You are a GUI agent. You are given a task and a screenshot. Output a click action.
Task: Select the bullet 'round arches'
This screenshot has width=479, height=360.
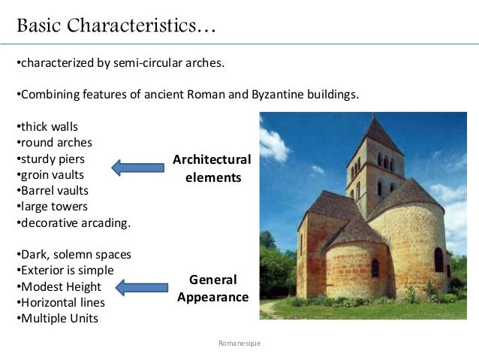(x=53, y=143)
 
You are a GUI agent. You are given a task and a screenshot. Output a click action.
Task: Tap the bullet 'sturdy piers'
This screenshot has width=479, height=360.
(x=53, y=159)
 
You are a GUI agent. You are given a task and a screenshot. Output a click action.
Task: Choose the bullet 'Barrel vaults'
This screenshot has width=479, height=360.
(x=55, y=191)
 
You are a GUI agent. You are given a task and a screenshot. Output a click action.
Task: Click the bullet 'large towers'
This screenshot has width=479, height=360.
(x=53, y=207)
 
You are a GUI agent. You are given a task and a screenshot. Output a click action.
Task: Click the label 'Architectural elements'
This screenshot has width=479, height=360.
(x=212, y=168)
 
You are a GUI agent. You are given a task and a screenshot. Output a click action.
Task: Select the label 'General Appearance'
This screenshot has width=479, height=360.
(x=212, y=288)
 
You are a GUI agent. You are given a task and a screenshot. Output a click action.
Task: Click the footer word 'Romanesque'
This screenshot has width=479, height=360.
(x=239, y=343)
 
